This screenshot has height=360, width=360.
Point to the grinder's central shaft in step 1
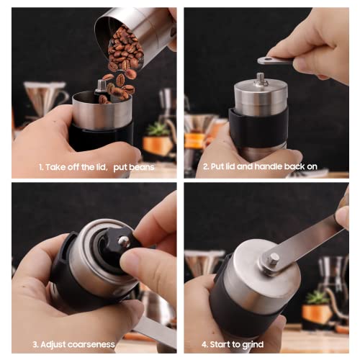[x=101, y=86]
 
